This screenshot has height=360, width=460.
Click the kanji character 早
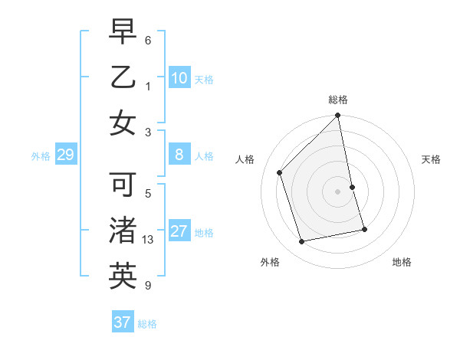[123, 32]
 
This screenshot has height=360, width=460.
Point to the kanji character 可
[123, 186]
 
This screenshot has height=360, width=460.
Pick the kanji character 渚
[123, 231]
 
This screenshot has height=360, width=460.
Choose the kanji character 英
[123, 277]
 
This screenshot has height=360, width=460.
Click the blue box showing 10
[179, 77]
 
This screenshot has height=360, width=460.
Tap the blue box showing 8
[179, 155]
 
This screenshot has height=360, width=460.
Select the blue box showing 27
[179, 231]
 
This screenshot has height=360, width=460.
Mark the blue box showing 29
[65, 155]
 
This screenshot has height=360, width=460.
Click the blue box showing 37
[123, 322]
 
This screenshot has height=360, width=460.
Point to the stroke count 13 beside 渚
[149, 240]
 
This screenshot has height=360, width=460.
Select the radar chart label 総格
[338, 100]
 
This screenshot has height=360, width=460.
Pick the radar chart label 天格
[431, 159]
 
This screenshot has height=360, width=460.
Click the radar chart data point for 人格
[280, 172]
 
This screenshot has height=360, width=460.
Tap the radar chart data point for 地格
[364, 229]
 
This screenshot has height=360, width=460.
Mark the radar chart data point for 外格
[302, 242]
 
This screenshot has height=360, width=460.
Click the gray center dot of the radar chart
[338, 191]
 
